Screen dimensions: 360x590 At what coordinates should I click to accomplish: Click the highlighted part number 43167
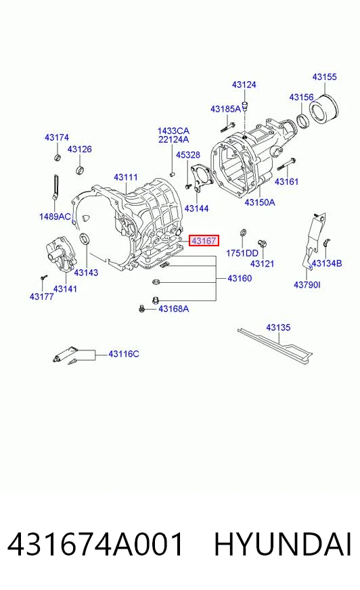[x=204, y=240]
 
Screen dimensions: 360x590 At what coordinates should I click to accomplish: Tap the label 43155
[x=324, y=76]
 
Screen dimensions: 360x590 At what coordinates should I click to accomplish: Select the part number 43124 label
[x=244, y=85]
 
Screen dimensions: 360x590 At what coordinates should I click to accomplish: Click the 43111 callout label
[x=126, y=177]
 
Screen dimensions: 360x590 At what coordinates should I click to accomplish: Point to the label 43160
[x=240, y=279]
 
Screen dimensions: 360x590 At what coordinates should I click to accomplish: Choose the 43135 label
[x=278, y=327]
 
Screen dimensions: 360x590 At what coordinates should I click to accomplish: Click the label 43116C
[x=123, y=354]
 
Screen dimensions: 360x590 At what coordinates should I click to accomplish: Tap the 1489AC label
[x=55, y=217]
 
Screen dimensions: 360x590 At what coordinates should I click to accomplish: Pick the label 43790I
[x=307, y=285]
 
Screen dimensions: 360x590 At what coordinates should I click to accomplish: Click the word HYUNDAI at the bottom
[x=283, y=544]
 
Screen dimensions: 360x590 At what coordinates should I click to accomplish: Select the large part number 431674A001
[x=95, y=544]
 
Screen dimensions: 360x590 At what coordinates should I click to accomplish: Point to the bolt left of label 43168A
[x=142, y=309]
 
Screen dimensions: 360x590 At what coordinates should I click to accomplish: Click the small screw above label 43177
[x=43, y=277]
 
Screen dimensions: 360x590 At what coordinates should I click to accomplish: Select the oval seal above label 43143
[x=85, y=238]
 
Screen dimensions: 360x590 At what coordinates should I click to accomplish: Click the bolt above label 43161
[x=286, y=164]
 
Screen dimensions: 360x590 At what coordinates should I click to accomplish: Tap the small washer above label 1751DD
[x=243, y=232]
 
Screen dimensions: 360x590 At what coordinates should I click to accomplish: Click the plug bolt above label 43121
[x=262, y=243]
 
